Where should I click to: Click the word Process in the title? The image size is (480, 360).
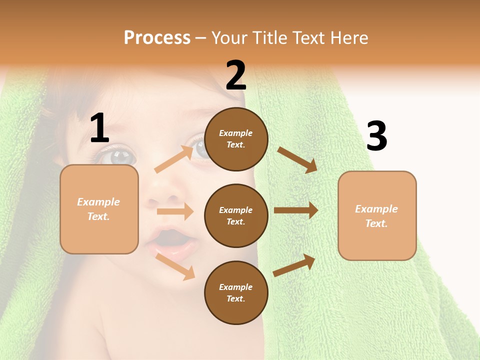(x=157, y=38)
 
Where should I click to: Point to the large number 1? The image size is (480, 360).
(x=99, y=128)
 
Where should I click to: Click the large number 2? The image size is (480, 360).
(x=236, y=75)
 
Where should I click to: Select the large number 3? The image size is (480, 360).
(x=376, y=136)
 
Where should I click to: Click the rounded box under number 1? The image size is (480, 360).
(x=99, y=209)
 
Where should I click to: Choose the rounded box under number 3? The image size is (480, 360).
(x=377, y=216)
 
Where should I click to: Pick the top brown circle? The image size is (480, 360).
(x=236, y=139)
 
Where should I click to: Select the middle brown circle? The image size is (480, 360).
(x=236, y=215)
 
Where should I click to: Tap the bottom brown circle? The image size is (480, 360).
(x=236, y=292)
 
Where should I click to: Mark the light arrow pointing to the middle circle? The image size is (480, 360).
(x=175, y=211)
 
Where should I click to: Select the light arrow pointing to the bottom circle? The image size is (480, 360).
(x=175, y=266)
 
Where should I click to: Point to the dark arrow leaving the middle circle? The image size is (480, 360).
(x=296, y=210)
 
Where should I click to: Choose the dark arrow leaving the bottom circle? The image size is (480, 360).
(x=294, y=265)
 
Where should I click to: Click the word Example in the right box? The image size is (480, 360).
(x=376, y=209)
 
